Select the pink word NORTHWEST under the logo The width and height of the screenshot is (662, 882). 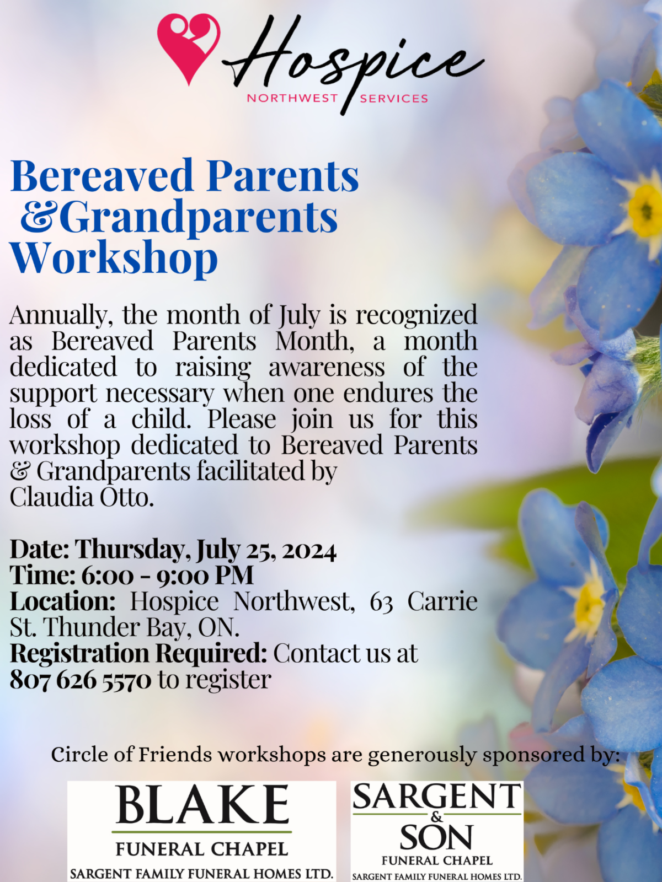(x=292, y=99)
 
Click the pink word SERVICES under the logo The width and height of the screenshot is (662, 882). (x=394, y=99)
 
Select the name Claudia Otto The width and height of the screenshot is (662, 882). (x=82, y=497)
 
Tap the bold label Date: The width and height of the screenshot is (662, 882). (x=39, y=549)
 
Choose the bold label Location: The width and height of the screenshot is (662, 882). (x=63, y=601)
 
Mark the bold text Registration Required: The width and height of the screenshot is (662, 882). (x=138, y=654)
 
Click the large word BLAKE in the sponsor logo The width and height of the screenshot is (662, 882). (x=202, y=803)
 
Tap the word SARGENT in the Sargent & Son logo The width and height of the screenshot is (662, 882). (x=437, y=796)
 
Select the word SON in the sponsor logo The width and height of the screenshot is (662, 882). (x=436, y=837)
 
